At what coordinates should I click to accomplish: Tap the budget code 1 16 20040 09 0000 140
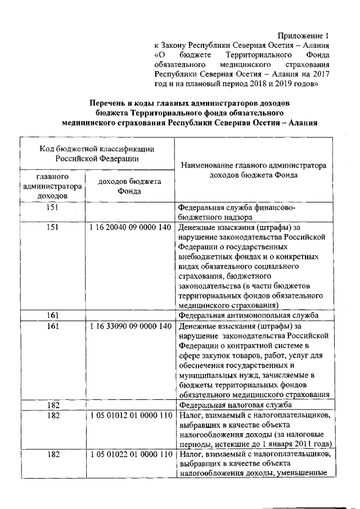tap(130, 228)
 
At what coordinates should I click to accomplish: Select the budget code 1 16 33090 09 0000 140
tap(130, 326)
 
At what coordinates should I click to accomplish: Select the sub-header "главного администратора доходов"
tap(52, 186)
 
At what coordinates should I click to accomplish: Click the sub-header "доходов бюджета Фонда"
tap(130, 186)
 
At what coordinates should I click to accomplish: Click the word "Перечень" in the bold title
tap(109, 104)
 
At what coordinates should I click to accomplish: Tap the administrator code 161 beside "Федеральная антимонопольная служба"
tap(52, 316)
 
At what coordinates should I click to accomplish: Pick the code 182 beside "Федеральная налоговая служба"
tap(52, 404)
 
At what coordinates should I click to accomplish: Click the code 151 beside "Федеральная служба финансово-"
tap(52, 208)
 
